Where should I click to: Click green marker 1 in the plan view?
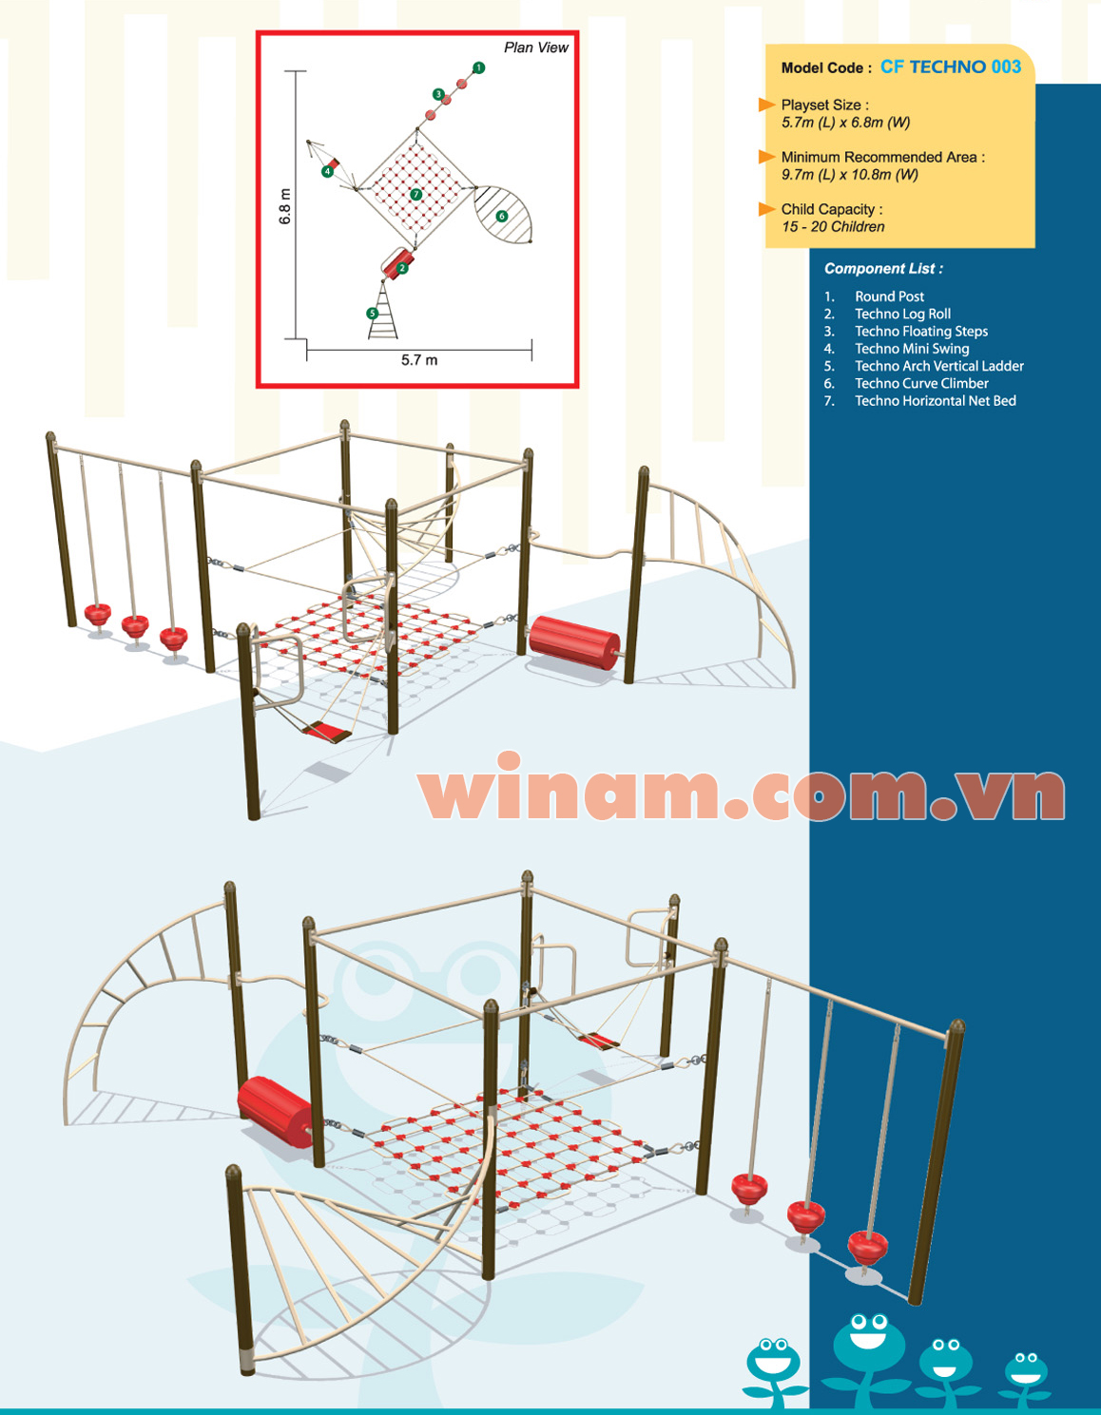point(479,67)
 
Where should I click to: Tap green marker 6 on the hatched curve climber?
point(502,217)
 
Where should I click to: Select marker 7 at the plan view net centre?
point(416,195)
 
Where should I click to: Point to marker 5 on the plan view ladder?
point(373,314)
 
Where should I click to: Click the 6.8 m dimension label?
point(285,206)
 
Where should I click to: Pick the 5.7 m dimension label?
point(419,360)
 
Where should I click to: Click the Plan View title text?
point(535,48)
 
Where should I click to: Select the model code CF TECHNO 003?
point(950,67)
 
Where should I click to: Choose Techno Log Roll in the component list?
point(902,314)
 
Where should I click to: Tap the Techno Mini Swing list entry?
point(912,349)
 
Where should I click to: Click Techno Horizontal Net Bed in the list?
point(935,401)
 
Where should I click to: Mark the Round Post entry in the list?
point(889,296)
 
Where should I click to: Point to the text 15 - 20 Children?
point(833,227)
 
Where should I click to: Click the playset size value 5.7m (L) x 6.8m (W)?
point(845,123)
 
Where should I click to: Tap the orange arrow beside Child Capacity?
point(766,209)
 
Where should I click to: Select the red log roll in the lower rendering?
point(274,1109)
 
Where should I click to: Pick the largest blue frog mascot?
point(868,1348)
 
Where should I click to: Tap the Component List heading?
point(883,269)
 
